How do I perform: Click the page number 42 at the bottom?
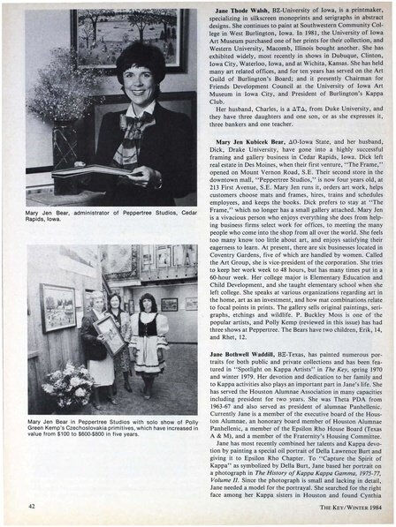click(x=32, y=505)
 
